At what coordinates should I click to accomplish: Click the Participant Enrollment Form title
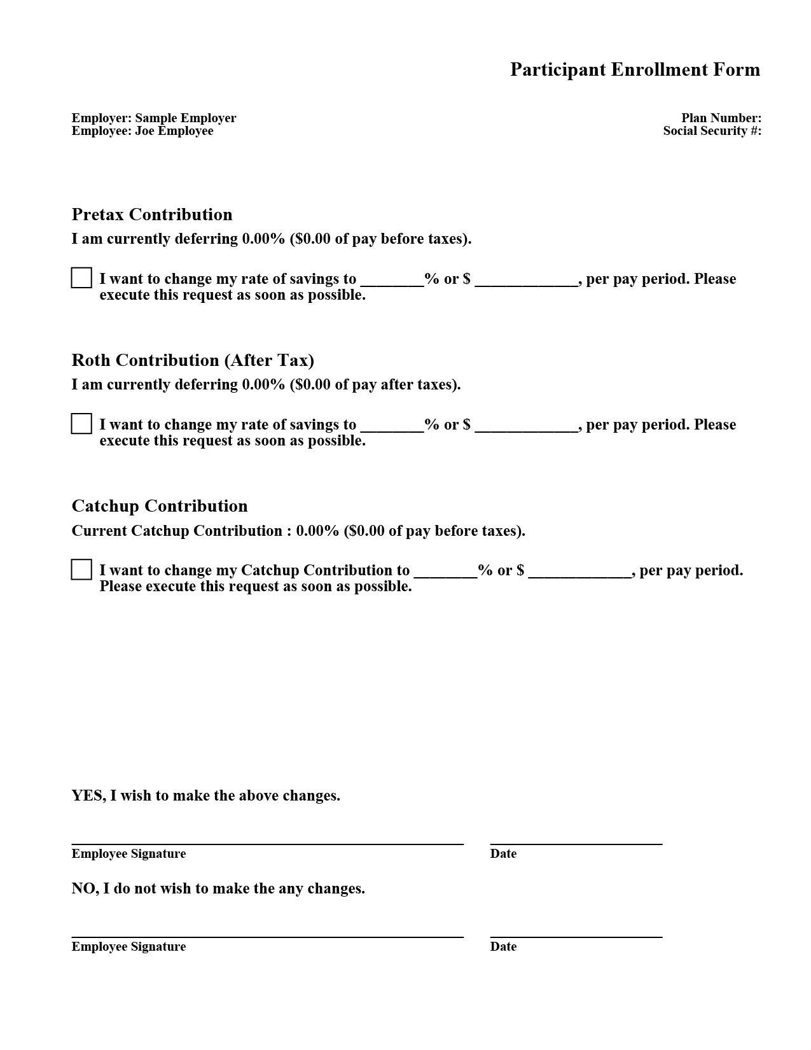(635, 69)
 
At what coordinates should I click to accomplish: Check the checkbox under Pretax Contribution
(81, 278)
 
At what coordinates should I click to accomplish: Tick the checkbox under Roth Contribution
(81, 424)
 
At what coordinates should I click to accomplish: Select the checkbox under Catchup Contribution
(81, 570)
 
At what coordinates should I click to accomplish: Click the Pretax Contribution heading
(152, 214)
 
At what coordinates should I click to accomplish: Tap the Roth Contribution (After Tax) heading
(193, 360)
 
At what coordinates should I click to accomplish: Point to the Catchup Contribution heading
(160, 506)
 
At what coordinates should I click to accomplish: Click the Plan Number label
(721, 118)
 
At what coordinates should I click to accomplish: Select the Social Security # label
(712, 130)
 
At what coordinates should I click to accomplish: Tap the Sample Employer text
(185, 118)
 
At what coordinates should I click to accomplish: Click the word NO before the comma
(84, 888)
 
